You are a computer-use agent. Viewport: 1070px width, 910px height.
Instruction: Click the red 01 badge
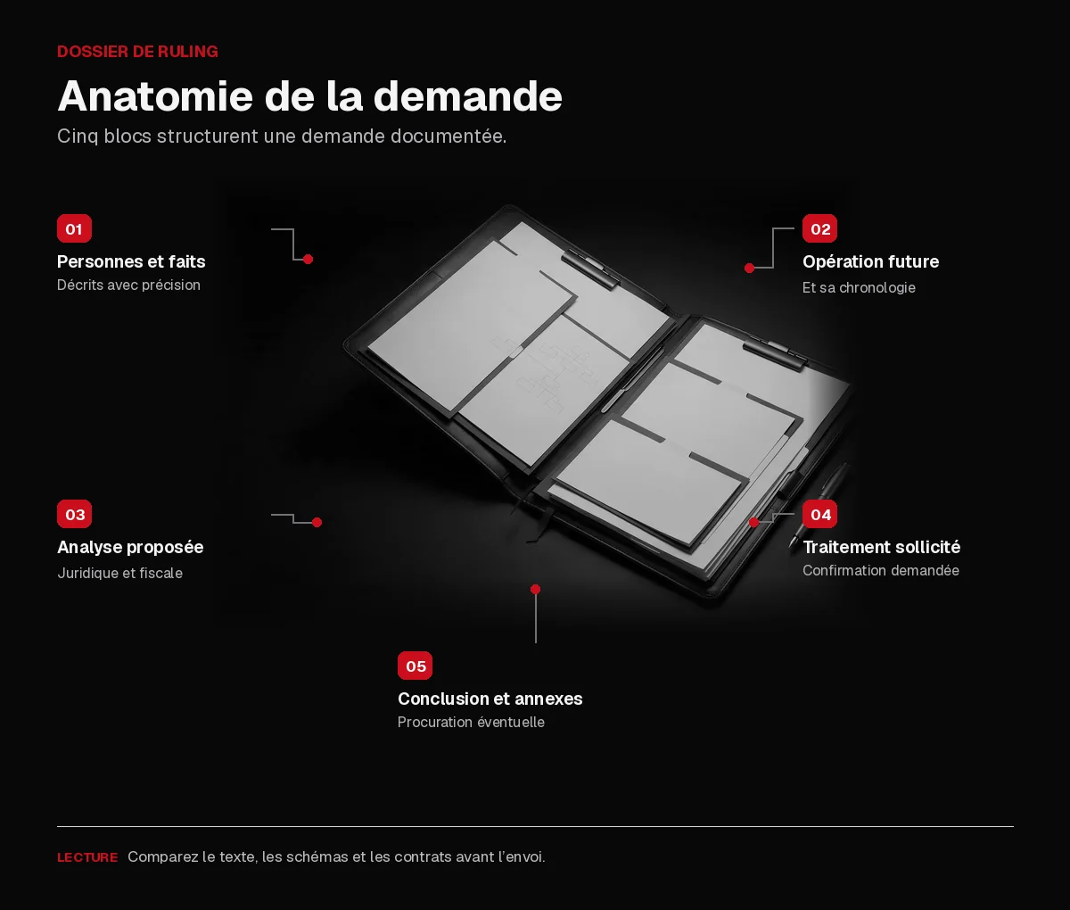[x=74, y=228]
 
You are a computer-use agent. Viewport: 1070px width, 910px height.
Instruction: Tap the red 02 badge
[x=819, y=228]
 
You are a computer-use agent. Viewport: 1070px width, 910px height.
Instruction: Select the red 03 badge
[x=74, y=514]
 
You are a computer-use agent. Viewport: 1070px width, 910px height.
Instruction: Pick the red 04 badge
[x=819, y=514]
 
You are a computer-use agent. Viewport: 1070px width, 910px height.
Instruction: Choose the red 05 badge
[x=415, y=666]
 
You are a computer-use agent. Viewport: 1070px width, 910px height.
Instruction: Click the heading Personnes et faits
[x=131, y=261]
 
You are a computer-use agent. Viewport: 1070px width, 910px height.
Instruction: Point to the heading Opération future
[x=870, y=261]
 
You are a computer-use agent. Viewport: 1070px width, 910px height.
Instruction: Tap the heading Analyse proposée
[x=130, y=548]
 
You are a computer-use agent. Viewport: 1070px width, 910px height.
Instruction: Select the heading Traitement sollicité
[x=881, y=547]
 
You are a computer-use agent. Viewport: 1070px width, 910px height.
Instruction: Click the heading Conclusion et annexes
[x=490, y=699]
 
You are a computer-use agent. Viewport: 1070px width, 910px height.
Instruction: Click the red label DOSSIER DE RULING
[x=137, y=51]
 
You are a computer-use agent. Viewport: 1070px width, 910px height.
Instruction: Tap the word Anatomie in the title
[x=155, y=96]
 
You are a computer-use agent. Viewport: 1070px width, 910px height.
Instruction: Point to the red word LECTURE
[x=87, y=857]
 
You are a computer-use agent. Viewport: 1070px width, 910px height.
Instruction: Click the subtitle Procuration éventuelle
[x=471, y=723]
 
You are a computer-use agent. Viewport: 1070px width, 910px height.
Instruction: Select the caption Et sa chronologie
[x=859, y=288]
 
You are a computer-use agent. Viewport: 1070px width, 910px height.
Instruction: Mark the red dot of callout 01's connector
[x=308, y=259]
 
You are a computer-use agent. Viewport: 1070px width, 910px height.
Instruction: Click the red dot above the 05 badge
[x=535, y=589]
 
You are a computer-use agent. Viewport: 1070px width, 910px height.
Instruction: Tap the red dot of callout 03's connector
[x=317, y=523]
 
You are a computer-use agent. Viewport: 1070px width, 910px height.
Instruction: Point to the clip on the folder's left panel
[x=590, y=269]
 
